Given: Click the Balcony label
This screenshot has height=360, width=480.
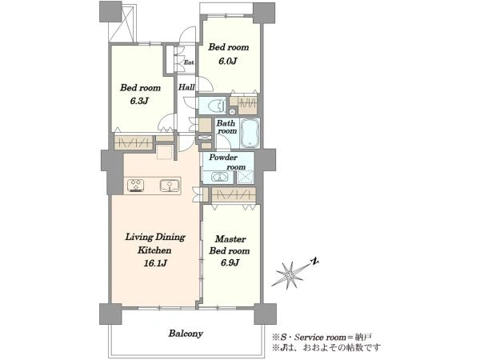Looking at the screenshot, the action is pos(186,334).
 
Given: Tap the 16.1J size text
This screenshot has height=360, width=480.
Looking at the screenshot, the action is pos(155,263).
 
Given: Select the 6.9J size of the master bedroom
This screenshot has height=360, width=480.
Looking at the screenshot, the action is pos(229,262).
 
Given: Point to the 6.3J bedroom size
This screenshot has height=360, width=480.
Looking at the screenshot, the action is pos(139,101).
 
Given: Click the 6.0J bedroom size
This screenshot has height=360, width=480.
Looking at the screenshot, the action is pos(228,61).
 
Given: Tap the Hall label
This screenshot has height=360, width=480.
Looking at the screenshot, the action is pos(186,87).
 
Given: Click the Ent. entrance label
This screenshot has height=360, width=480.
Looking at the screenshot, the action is pos(189,62).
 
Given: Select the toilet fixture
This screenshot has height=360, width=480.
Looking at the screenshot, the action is pos(215,106).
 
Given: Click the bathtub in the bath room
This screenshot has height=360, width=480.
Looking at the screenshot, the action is pos(250,133).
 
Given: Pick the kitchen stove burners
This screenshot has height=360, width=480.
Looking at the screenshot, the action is pos(136,186).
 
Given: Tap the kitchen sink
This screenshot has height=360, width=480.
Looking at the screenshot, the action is pos(170,186).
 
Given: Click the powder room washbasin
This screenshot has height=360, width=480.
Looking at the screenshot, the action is pos(220,178).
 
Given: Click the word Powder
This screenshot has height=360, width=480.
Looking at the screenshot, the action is pos(223,158).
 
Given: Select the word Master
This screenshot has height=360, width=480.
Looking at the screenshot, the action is pos(230,238).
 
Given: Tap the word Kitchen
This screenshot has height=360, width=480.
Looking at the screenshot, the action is pos(154,250).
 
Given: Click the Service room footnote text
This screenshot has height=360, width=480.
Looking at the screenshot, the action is pos(322,338).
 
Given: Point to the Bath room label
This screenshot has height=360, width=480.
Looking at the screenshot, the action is pos(226,126).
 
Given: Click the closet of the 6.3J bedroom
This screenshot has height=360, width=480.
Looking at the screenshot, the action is pos(134,142).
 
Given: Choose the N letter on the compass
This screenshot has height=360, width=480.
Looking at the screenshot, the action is pos(314,262).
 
